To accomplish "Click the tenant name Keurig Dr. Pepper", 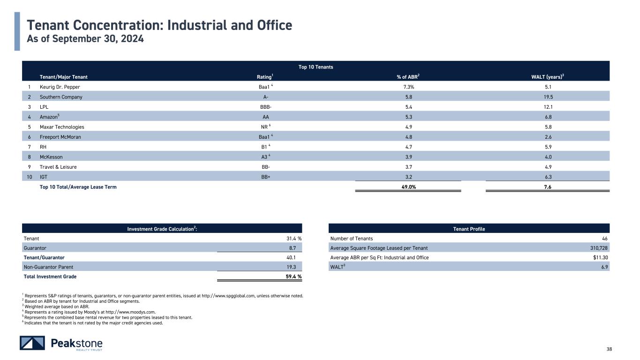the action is coord(60,87).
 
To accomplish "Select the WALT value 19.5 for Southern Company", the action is coord(548,97).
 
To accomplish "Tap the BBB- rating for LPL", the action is coord(266,107).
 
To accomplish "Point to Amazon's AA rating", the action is coord(266,117).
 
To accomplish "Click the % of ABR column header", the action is coord(408,76).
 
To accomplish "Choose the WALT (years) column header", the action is coord(548,76).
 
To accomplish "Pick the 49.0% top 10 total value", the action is coord(408,187).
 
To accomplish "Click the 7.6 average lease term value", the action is coord(548,187).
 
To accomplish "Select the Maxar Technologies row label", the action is coord(62,127).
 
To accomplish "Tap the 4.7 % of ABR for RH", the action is coord(408,147).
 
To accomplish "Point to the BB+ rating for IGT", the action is coord(266,177).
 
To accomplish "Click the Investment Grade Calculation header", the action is coord(162,229).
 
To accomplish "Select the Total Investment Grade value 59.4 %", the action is coord(294,276).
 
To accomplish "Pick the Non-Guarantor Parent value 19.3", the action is coord(291,267).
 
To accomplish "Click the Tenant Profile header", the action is coord(469,229).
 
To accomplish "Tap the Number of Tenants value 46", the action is coord(604,239).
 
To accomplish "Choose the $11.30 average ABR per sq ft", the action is coord(601,257).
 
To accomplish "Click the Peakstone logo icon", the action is coord(32,343).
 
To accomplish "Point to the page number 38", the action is coord(609,349).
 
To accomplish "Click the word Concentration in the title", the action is coord(118,25).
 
